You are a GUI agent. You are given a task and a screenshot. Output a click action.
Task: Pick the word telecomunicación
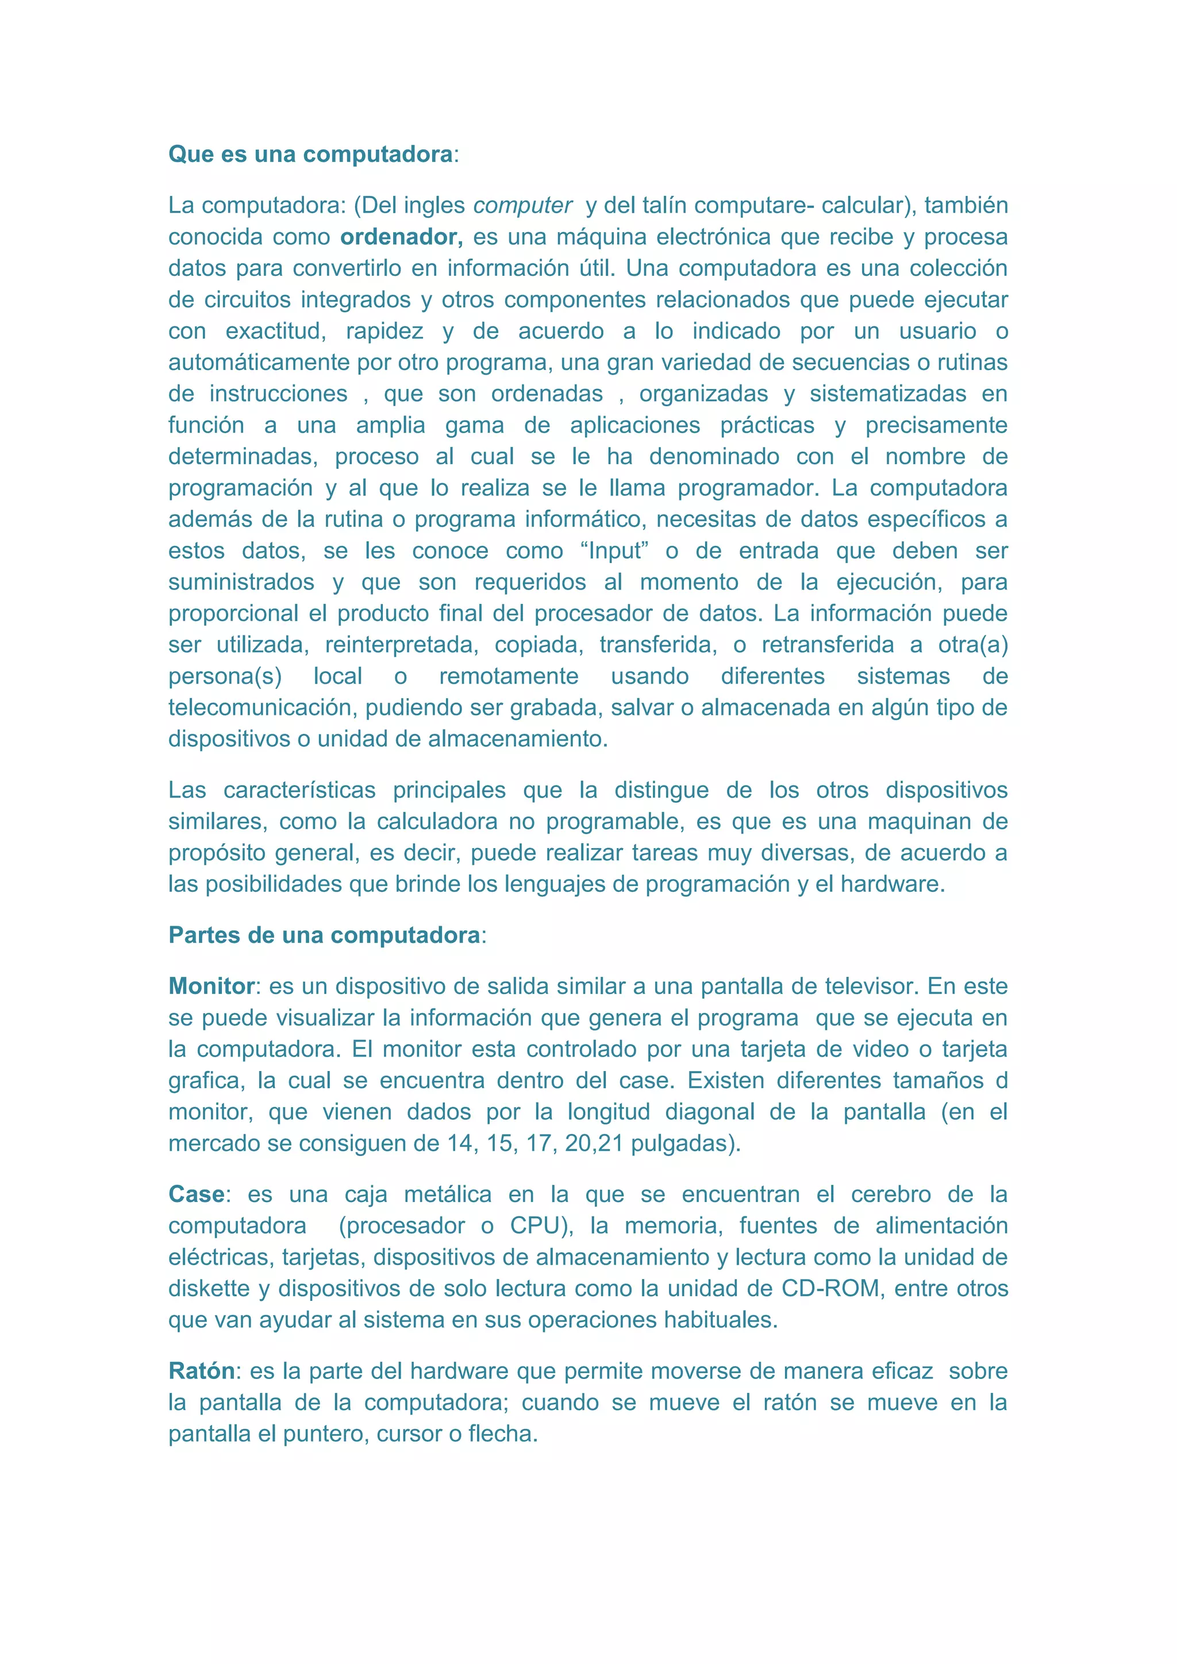pos(263,708)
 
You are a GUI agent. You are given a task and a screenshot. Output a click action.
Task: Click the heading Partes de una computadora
pos(324,935)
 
